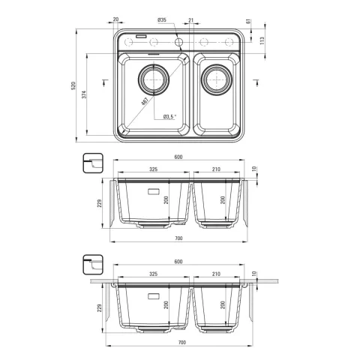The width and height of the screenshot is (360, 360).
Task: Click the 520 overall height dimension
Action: point(73,85)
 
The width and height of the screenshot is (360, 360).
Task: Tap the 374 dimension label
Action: point(84,94)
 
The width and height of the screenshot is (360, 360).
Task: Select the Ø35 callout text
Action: point(162,20)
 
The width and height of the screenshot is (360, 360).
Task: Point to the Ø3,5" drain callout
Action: point(169,116)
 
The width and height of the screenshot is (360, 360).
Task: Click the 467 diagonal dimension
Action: point(145,101)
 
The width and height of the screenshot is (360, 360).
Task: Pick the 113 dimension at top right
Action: point(262,40)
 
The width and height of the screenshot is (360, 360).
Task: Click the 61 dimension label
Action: point(248,22)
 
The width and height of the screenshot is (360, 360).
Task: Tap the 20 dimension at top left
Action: point(115,19)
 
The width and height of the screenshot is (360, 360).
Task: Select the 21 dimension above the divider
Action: point(191,20)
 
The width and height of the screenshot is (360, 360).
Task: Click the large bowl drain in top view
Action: point(154,79)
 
